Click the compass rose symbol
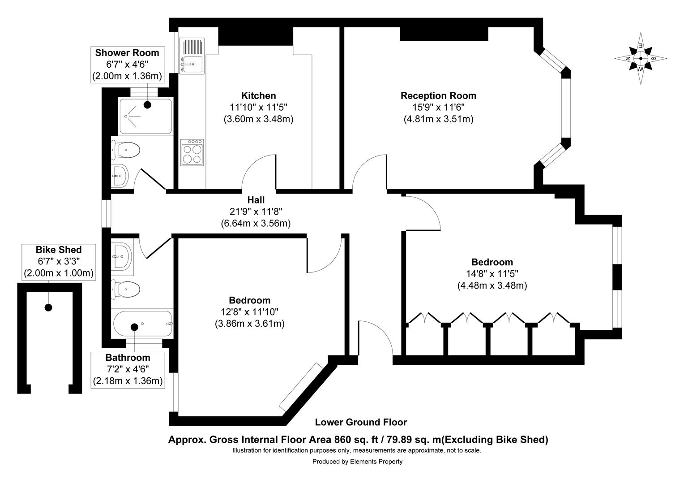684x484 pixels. tap(641, 59)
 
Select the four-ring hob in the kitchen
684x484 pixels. tap(192, 152)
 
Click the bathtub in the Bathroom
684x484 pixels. tap(142, 324)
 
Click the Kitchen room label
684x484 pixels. tap(258, 95)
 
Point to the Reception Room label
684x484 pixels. tap(438, 95)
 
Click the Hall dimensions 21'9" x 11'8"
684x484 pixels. tap(256, 211)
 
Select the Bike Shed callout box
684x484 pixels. tap(59, 261)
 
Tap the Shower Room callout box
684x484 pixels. tap(127, 65)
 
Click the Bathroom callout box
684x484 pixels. tap(128, 369)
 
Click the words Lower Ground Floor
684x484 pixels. tap(360, 422)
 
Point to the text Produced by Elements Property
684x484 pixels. tap(357, 462)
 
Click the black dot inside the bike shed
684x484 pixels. tap(48, 307)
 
